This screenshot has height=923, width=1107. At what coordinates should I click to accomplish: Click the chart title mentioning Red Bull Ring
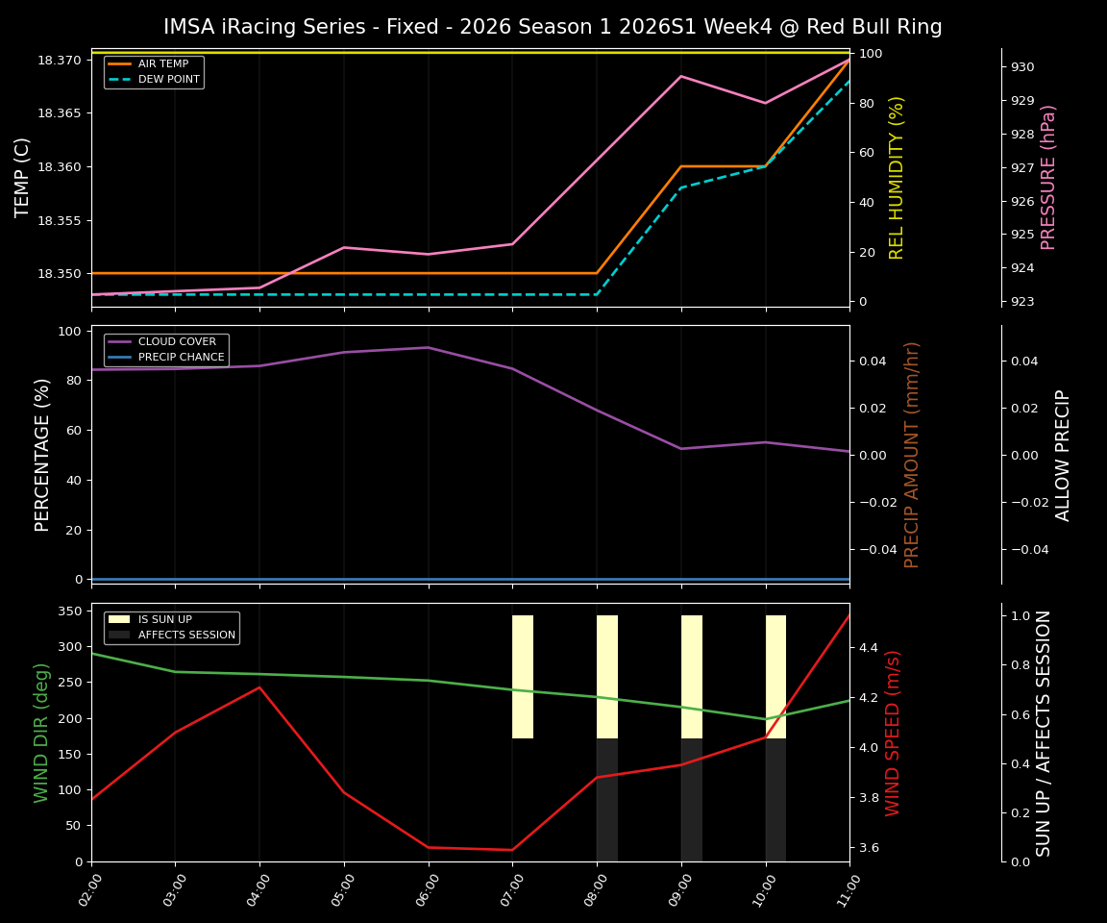[553, 27]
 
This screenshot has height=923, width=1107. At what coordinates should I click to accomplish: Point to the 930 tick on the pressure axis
[1022, 67]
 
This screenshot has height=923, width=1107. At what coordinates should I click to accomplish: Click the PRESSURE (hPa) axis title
[1048, 177]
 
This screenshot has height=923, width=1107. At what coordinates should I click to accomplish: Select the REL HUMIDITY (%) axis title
[897, 177]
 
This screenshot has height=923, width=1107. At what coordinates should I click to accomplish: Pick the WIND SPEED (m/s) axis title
[894, 733]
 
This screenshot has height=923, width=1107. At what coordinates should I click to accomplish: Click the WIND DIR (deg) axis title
[41, 733]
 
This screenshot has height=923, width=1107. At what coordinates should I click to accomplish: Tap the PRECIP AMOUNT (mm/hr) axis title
[912, 454]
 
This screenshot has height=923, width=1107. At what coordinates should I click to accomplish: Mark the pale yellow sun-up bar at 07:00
[523, 677]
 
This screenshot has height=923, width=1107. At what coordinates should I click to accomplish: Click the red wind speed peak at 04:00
[259, 687]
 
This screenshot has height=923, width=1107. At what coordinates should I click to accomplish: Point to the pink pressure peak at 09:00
[681, 76]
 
